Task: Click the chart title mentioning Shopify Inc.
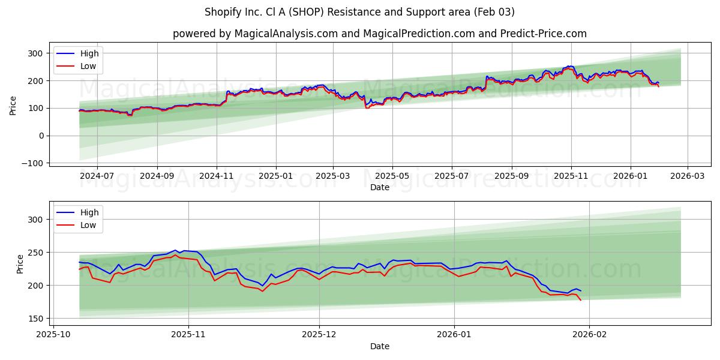359,12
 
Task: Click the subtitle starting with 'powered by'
380,34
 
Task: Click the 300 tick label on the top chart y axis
35,53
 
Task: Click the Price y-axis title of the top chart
13,105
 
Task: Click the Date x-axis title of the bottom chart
380,347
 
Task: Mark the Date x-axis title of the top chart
380,187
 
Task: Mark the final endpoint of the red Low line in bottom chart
581,300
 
